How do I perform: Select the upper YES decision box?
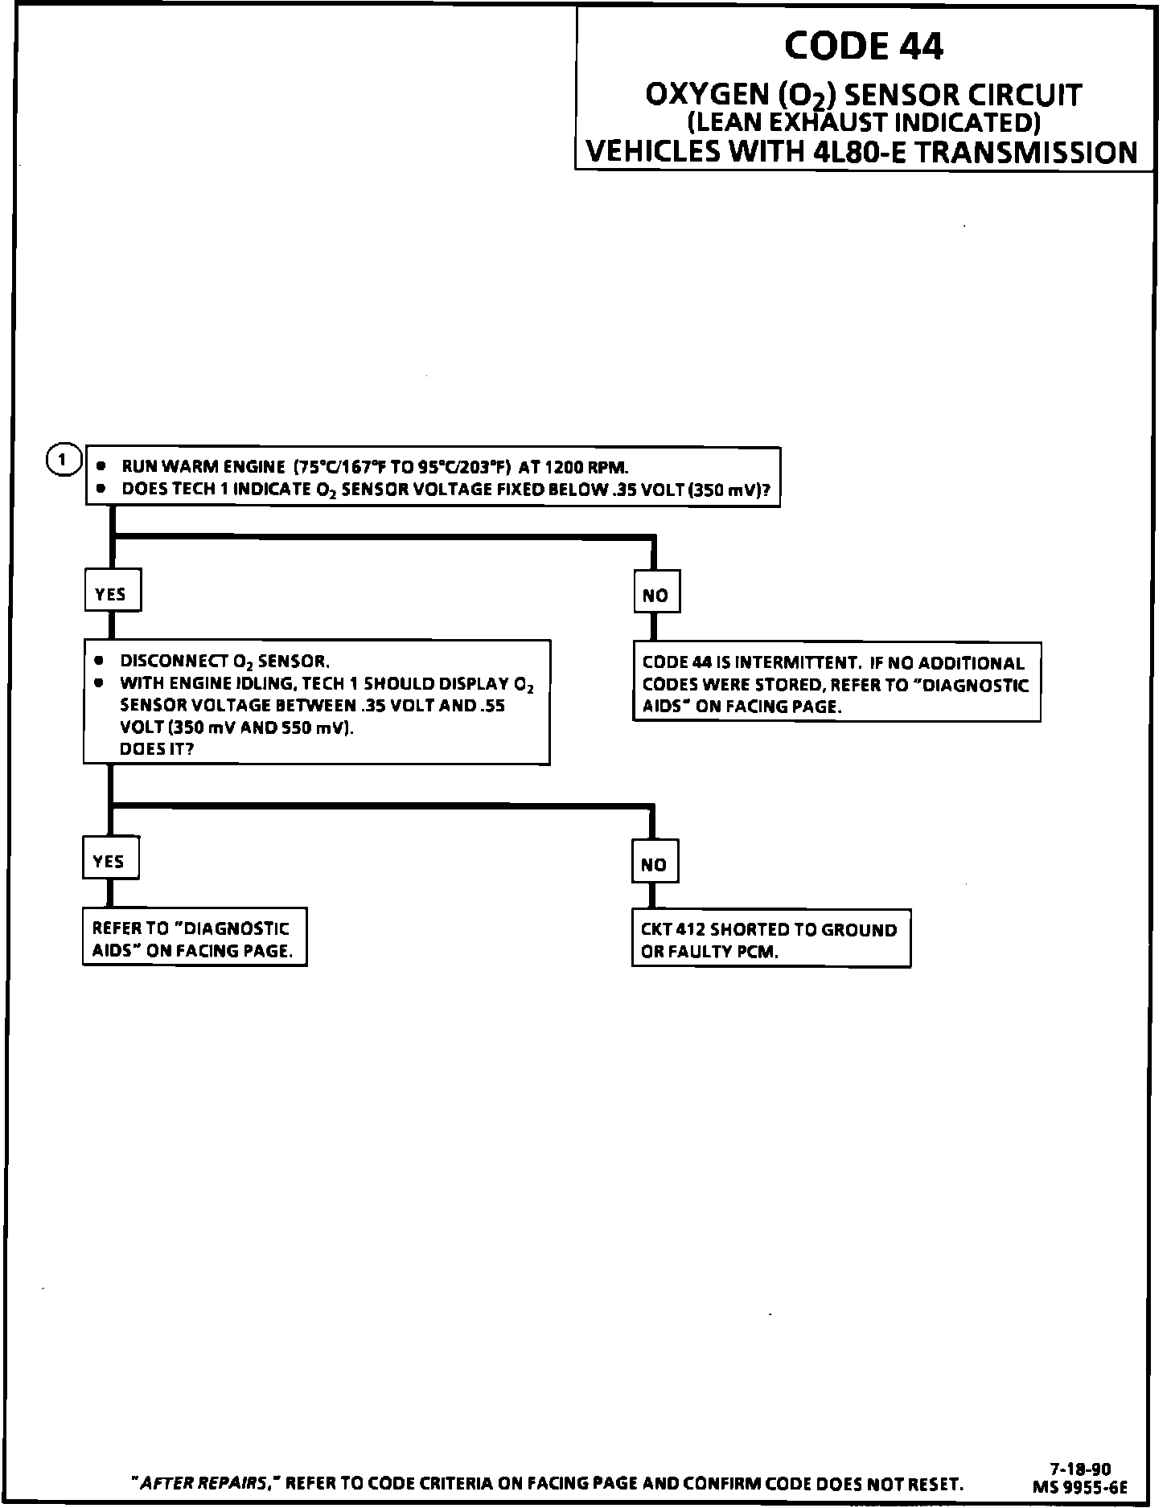coord(112,593)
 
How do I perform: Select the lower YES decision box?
coord(109,861)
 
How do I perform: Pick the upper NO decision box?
coord(655,595)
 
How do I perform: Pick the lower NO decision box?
coord(654,864)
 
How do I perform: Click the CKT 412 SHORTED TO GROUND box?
coord(770,940)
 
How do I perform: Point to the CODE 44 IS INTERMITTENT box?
coord(836,684)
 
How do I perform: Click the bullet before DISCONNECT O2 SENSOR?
coord(99,661)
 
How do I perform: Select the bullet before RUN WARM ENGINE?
coord(101,466)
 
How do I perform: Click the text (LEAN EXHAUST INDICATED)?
coord(863,122)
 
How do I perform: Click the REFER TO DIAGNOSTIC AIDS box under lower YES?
coord(194,938)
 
